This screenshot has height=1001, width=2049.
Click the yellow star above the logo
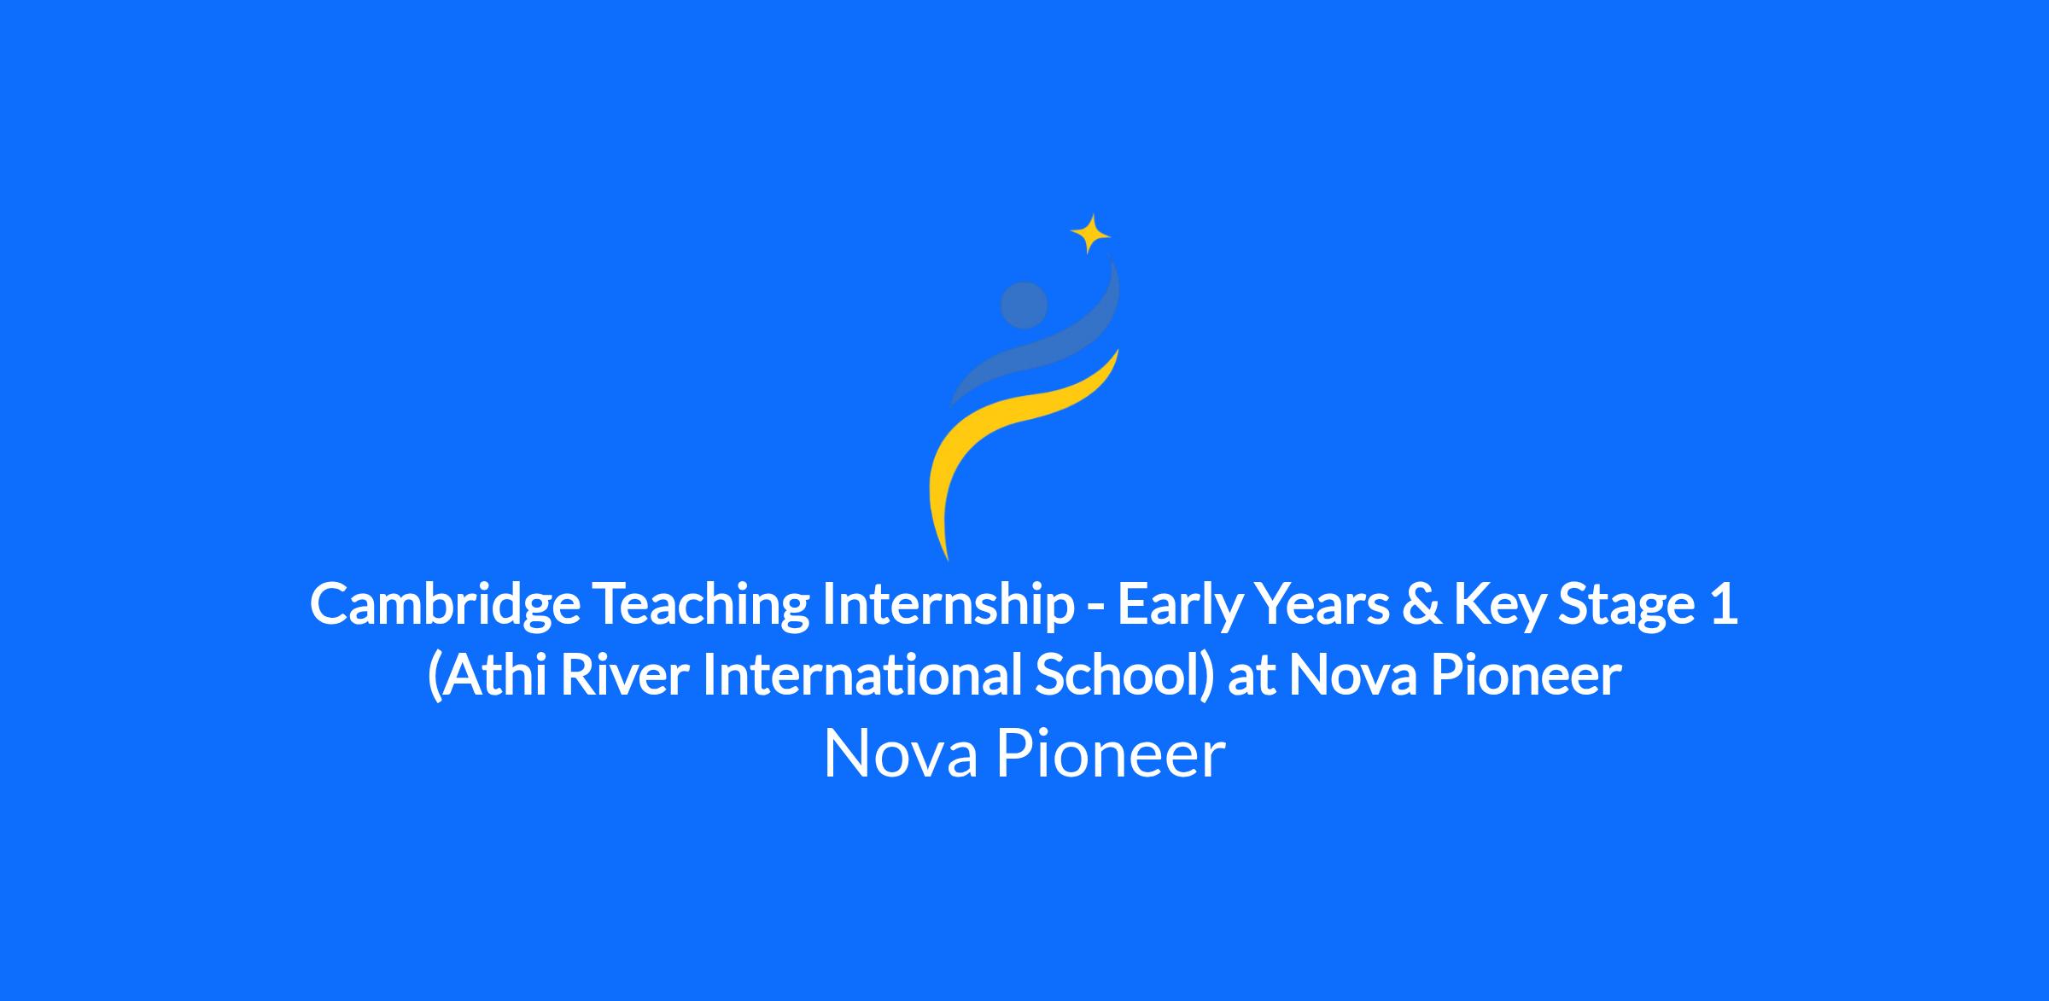point(1090,233)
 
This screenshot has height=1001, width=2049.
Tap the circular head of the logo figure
point(1024,305)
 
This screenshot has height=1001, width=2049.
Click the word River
point(624,675)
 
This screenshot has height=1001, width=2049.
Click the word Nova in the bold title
point(1352,675)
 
